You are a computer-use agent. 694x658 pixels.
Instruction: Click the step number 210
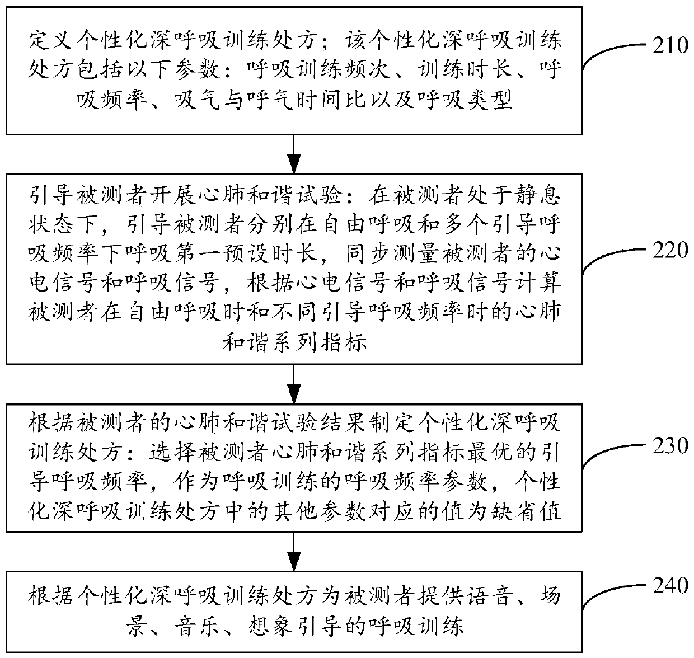tap(670, 45)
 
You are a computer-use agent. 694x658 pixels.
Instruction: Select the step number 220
tap(670, 250)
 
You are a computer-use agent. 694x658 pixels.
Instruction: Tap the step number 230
tap(670, 445)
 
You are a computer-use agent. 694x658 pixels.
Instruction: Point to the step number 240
tap(670, 586)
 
